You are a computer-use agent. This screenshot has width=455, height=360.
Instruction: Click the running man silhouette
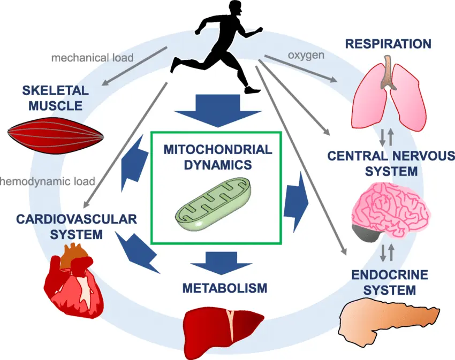[x=219, y=43]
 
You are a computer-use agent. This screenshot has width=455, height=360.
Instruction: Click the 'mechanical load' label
[x=92, y=57]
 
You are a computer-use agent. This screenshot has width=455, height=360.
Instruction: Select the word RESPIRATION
[x=388, y=43]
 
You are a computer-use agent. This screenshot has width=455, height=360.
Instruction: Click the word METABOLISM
[x=224, y=288]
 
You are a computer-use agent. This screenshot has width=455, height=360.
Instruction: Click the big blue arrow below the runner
[x=217, y=110]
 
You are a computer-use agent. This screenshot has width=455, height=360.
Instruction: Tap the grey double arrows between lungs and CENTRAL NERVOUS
[x=386, y=137]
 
